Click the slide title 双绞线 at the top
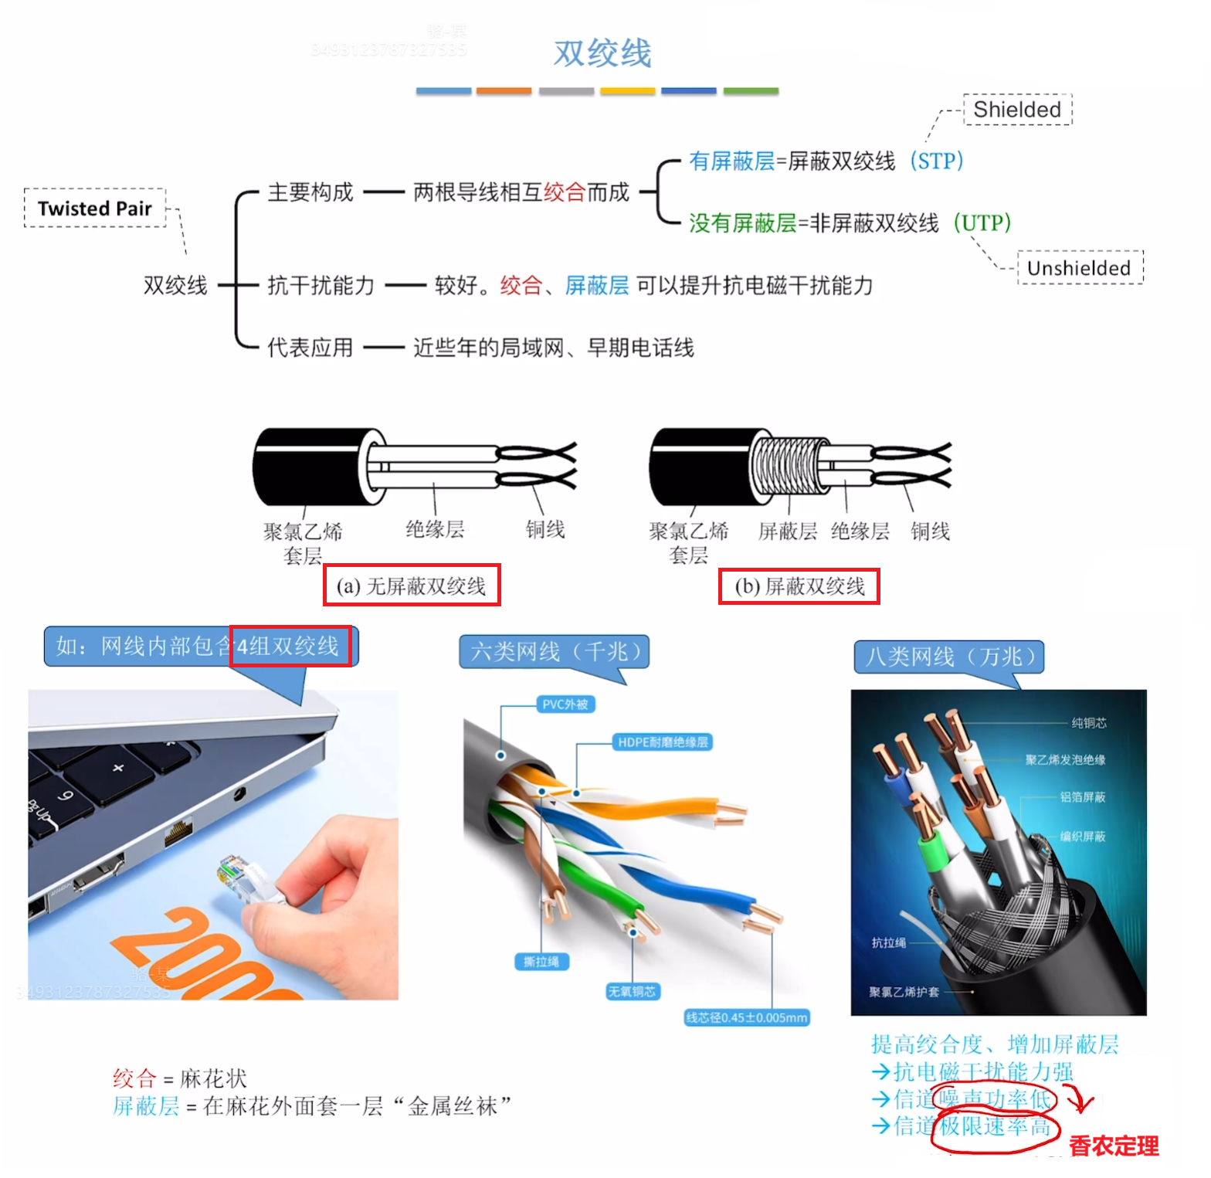coord(602,53)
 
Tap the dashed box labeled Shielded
coord(1017,110)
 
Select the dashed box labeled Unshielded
coord(1079,268)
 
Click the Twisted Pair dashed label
coord(95,209)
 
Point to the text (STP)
coord(936,161)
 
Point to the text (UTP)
coord(982,223)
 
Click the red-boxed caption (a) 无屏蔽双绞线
coord(412,586)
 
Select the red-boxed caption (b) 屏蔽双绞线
coord(799,586)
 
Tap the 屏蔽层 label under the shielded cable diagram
coord(787,531)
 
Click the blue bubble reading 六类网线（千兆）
coord(555,652)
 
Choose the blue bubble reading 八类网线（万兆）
coord(949,657)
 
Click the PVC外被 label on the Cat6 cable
coord(565,704)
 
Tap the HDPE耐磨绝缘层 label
coord(662,742)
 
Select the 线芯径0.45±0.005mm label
coord(746,1017)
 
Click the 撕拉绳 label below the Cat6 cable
coord(541,962)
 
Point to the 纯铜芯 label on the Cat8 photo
coord(1088,723)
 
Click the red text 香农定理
coord(1114,1146)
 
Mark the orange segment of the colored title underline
coord(504,91)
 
